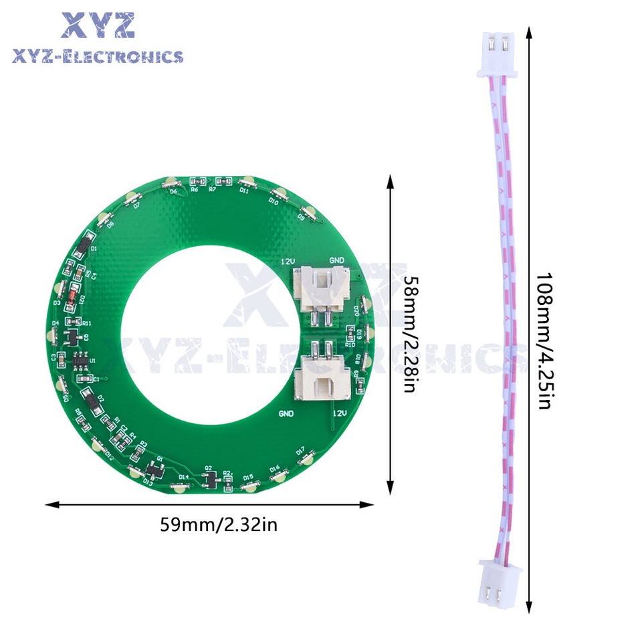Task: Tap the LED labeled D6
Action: coord(171,182)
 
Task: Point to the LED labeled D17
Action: coord(307,459)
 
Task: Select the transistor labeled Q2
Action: coord(211,479)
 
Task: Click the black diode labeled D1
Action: coord(80,249)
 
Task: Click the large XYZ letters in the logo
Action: coord(98,26)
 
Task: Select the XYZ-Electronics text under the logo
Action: coord(98,56)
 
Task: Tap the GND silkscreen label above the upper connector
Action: coord(337,259)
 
